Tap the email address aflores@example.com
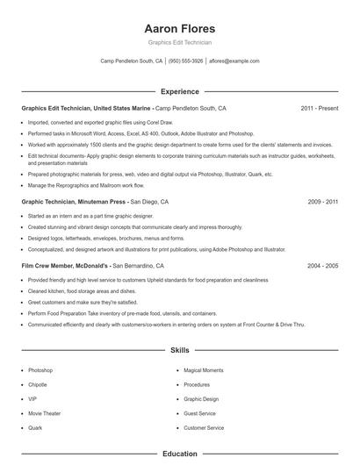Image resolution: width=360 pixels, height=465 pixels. click(x=234, y=61)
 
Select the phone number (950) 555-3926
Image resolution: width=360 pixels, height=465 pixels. click(x=185, y=61)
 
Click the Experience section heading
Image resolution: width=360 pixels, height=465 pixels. click(x=179, y=91)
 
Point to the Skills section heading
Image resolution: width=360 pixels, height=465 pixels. click(x=179, y=350)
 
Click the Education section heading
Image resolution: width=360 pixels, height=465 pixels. click(x=179, y=454)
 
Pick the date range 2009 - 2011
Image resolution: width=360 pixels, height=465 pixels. click(x=322, y=202)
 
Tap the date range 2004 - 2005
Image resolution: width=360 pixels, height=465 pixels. click(x=322, y=265)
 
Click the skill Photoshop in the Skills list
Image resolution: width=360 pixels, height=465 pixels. click(x=40, y=370)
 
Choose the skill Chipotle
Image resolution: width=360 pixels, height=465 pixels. click(x=39, y=384)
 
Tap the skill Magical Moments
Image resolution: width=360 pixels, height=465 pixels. click(x=202, y=370)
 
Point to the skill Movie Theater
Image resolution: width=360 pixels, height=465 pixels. click(x=44, y=413)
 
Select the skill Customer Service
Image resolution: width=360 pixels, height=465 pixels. click(x=204, y=427)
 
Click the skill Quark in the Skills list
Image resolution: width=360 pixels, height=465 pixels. click(x=35, y=427)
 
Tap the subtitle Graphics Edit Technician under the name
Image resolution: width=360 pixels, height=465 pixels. click(x=179, y=41)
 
